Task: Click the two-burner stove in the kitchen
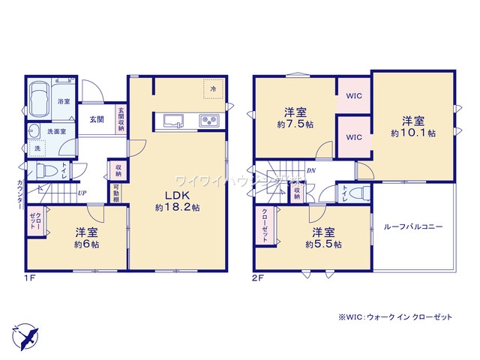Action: coord(207,121)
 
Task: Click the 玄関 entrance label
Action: coord(97,119)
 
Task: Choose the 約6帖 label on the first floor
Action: coord(87,238)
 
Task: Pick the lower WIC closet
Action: coord(354,137)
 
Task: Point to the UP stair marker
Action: coord(82,193)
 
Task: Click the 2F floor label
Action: coord(259,277)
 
